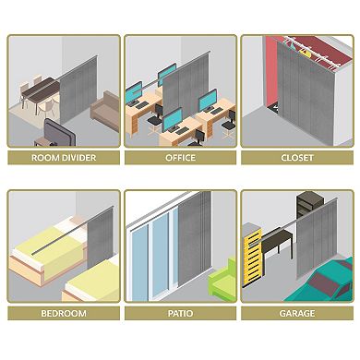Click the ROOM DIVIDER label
tap(64, 158)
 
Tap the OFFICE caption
tap(180, 158)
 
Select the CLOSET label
tap(296, 158)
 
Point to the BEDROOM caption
tap(64, 314)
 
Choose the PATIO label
tap(180, 314)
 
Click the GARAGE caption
tap(296, 314)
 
